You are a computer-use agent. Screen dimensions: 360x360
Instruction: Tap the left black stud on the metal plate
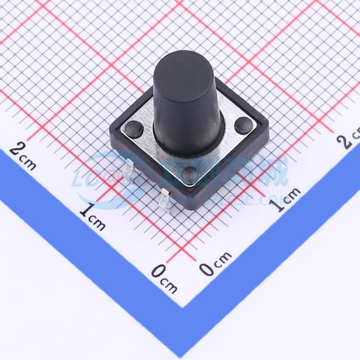tap(133, 129)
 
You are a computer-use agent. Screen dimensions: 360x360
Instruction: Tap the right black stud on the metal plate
tap(244, 125)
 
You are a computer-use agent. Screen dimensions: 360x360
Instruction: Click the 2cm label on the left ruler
tap(23, 155)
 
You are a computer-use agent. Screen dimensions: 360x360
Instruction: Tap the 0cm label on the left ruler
tap(164, 278)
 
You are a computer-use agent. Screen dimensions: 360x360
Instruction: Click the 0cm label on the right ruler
tap(215, 264)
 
